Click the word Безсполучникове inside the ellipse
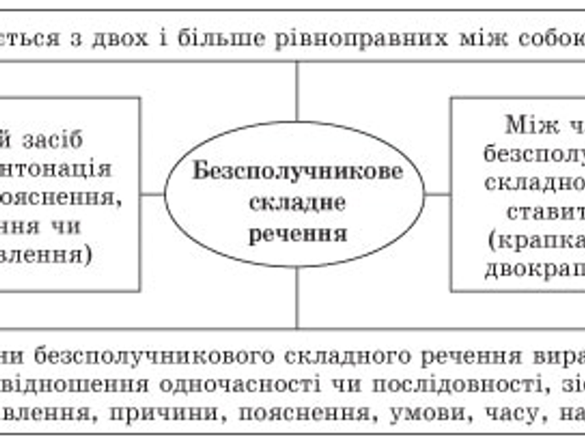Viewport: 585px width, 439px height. click(296, 170)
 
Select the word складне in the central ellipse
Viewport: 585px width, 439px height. click(296, 203)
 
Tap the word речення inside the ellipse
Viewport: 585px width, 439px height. click(298, 233)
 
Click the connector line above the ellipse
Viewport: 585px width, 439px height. click(297, 90)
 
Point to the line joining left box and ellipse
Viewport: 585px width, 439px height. click(153, 194)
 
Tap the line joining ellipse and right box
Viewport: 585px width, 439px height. click(437, 194)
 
